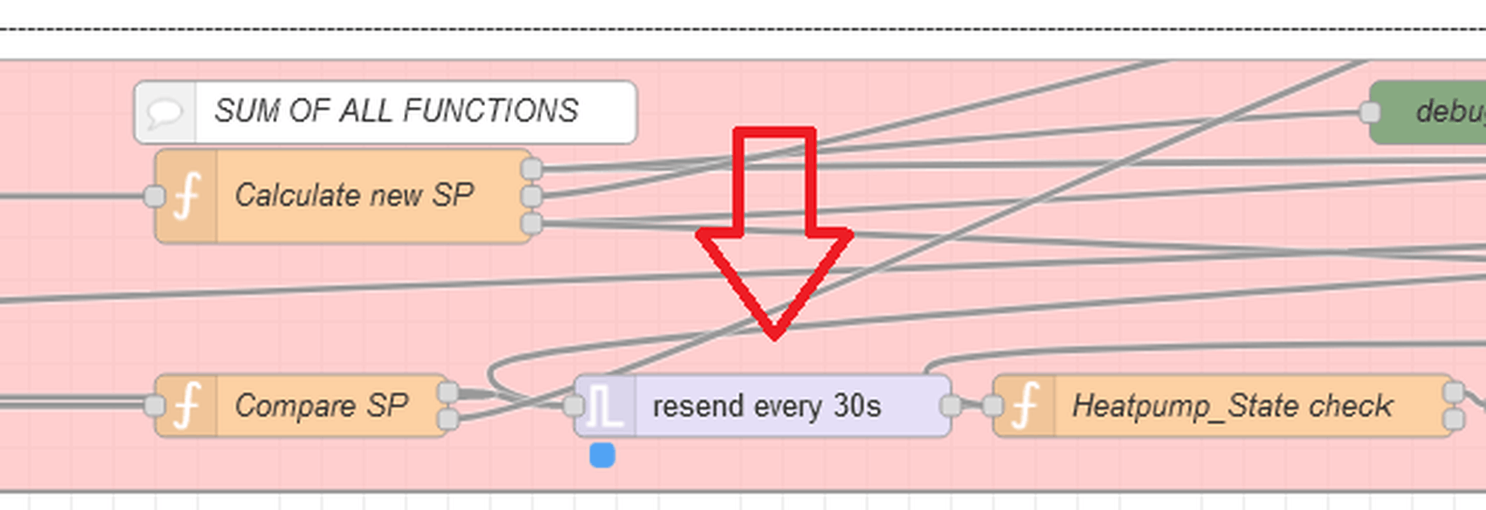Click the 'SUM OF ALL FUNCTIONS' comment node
pyautogui.click(x=395, y=112)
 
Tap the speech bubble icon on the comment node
pyautogui.click(x=165, y=112)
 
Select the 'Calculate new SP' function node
pyautogui.click(x=353, y=195)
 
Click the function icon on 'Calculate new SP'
pyautogui.click(x=186, y=196)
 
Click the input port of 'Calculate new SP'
pyautogui.click(x=153, y=196)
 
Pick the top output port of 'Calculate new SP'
pyautogui.click(x=531, y=169)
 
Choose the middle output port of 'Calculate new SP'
pyautogui.click(x=531, y=196)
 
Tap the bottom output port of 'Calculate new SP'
pyautogui.click(x=531, y=223)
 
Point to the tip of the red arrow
pyautogui.click(x=774, y=336)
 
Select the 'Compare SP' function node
pyautogui.click(x=321, y=406)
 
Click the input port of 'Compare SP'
pyautogui.click(x=153, y=406)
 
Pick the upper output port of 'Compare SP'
pyautogui.click(x=448, y=393)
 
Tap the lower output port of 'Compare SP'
pyautogui.click(x=448, y=418)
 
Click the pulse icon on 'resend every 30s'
pyautogui.click(x=604, y=406)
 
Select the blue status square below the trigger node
pyautogui.click(x=602, y=455)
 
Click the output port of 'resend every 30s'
pyautogui.click(x=950, y=406)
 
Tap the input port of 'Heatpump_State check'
pyautogui.click(x=992, y=406)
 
